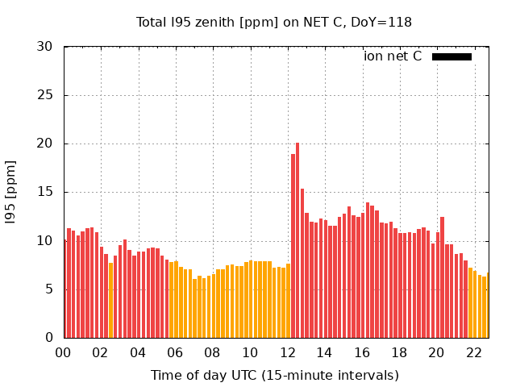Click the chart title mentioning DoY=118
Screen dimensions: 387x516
pyautogui.click(x=273, y=23)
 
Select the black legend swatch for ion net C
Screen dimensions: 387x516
pyautogui.click(x=451, y=56)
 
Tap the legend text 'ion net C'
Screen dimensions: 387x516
pyautogui.click(x=393, y=56)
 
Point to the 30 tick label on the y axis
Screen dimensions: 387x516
pyautogui.click(x=45, y=47)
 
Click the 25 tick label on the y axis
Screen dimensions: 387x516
pyautogui.click(x=45, y=95)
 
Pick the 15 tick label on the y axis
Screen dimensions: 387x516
pyautogui.click(x=45, y=192)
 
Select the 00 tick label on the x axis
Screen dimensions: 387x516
pyautogui.click(x=64, y=352)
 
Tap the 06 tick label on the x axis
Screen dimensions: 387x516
pyautogui.click(x=175, y=352)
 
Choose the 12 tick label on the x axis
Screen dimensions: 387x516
pyautogui.click(x=287, y=352)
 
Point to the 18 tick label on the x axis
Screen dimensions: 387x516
pyautogui.click(x=399, y=352)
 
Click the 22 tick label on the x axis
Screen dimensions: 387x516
pyautogui.click(x=473, y=352)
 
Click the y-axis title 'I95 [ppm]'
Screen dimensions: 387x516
pyautogui.click(x=10, y=192)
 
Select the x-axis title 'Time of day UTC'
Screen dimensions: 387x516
pyautogui.click(x=275, y=376)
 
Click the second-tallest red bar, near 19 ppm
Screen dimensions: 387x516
pyautogui.click(x=293, y=246)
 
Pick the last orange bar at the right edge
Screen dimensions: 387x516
pyautogui.click(x=488, y=306)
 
